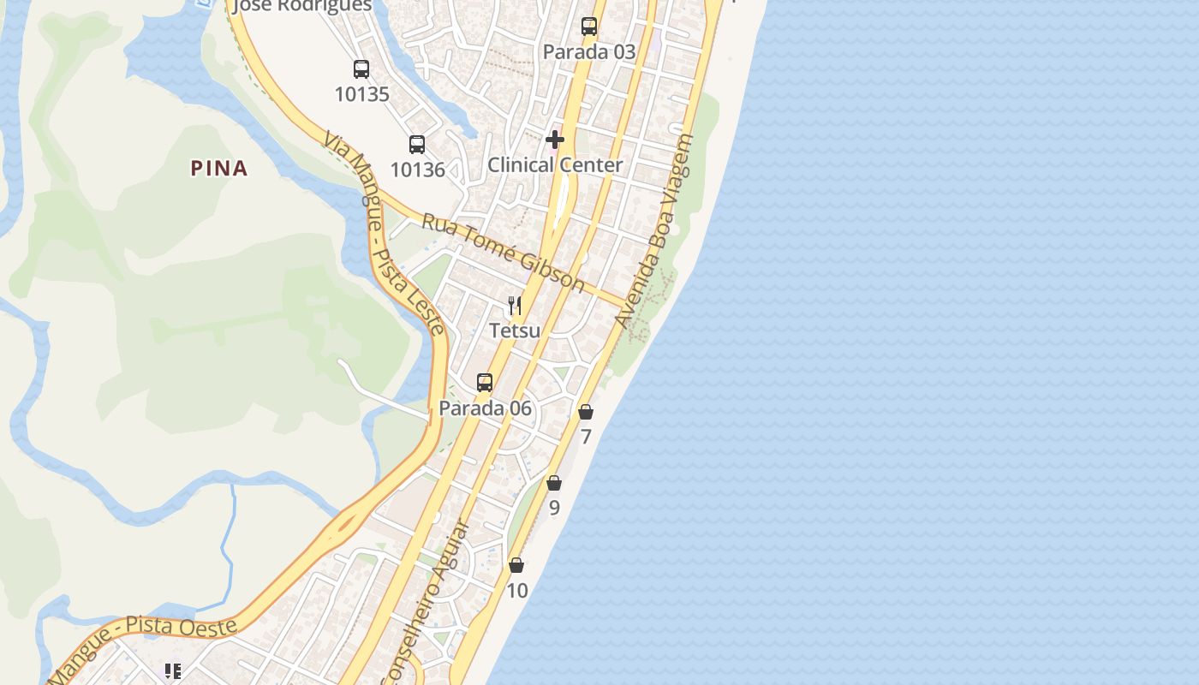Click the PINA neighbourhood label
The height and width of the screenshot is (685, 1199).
[x=219, y=169]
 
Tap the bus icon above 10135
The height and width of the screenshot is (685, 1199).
[x=361, y=69]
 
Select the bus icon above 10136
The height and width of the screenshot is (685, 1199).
[x=417, y=144]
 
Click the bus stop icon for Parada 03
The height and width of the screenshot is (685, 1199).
[x=589, y=27]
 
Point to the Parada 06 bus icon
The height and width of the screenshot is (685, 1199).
[x=485, y=383]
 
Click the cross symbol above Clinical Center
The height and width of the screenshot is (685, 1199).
[x=555, y=140]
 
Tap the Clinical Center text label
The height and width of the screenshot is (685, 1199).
[x=555, y=164]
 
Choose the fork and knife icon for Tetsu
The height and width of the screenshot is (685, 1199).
[x=515, y=306]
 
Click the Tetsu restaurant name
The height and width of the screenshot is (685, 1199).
[x=515, y=331]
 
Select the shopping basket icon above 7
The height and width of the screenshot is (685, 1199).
[x=586, y=412]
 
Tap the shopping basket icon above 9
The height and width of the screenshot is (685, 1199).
[x=554, y=483]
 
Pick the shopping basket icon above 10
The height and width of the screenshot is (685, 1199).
[x=516, y=565]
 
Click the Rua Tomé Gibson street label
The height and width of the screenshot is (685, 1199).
[x=504, y=253]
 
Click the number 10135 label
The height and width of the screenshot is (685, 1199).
[x=361, y=94]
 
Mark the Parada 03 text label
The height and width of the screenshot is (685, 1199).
[x=589, y=51]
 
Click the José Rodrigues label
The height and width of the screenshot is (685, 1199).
[x=303, y=6]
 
